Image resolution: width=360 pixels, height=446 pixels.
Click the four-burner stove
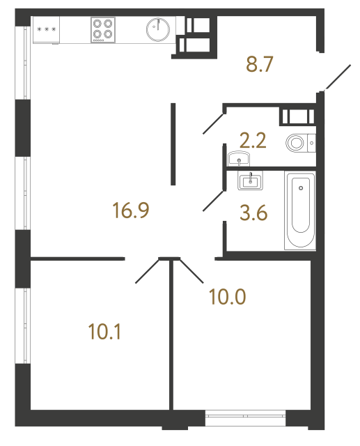click(x=103, y=29)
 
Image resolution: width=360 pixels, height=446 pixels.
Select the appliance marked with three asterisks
click(x=47, y=30)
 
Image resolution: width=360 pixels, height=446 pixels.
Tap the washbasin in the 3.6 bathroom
click(x=249, y=182)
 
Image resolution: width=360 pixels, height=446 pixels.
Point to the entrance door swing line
click(x=339, y=77)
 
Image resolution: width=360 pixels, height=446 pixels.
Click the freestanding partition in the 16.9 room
click(x=173, y=144)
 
